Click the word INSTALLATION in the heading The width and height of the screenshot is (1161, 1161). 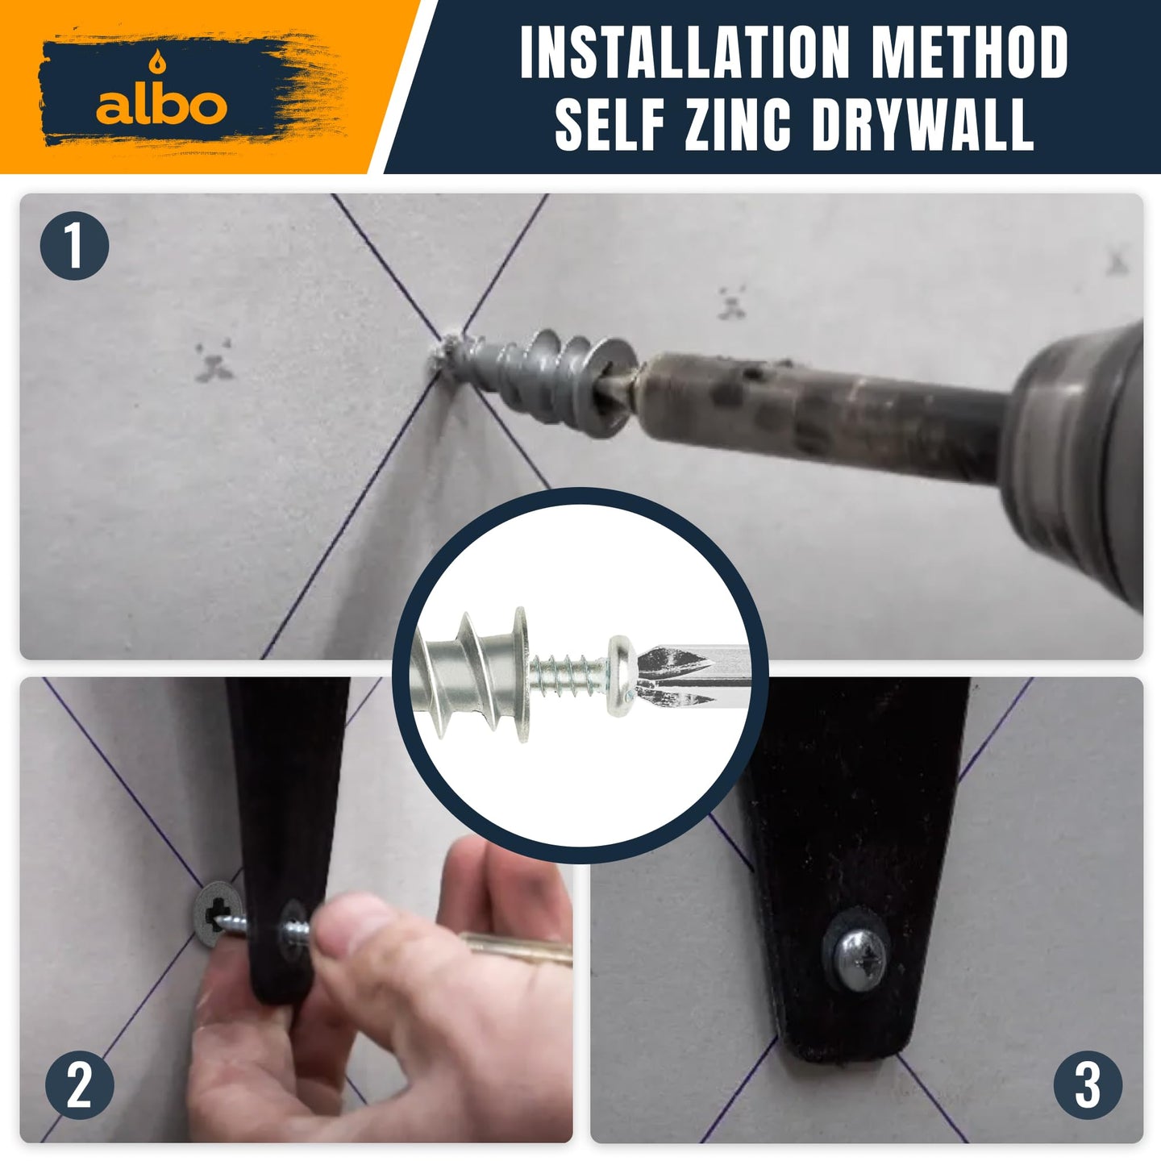coord(685,52)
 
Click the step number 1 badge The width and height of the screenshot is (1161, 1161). coord(74,246)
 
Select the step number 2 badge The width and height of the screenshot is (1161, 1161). coord(80,1086)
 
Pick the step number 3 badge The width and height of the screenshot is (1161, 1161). coord(1088,1086)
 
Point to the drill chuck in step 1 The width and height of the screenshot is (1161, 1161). coord(1079,464)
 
